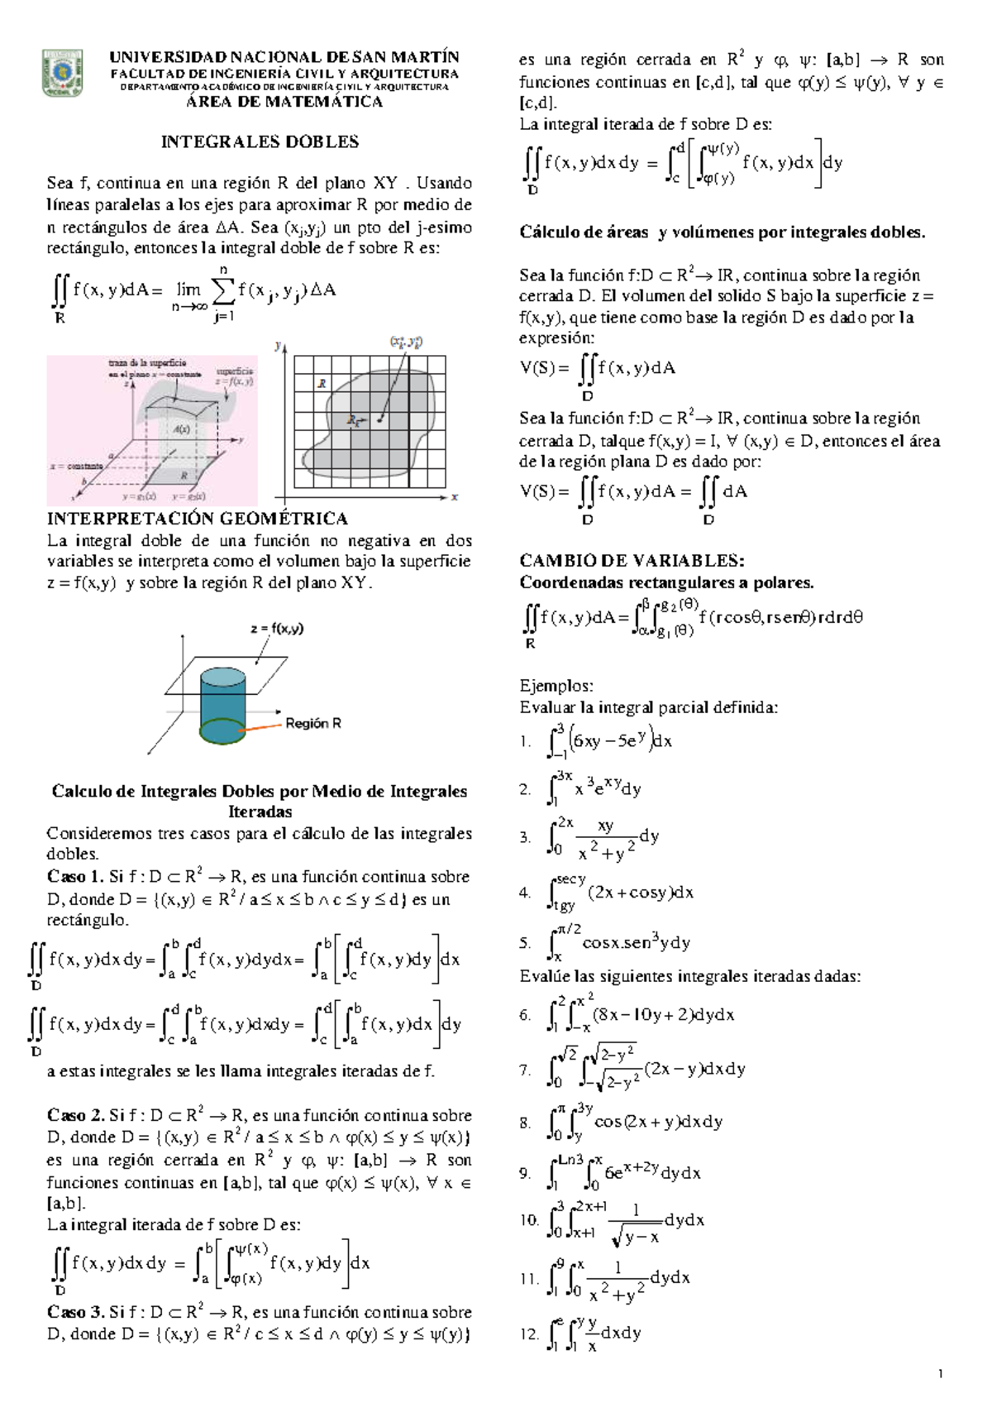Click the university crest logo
coord(62,74)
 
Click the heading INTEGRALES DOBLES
coord(260,141)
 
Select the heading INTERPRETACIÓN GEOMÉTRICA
coord(197,519)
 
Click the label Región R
coord(313,723)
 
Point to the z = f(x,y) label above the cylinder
coord(277,628)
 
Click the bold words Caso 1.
coord(75,877)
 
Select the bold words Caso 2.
coord(75,1115)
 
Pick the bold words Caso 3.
coord(75,1312)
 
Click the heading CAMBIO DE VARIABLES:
coord(632,560)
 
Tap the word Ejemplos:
coord(556,685)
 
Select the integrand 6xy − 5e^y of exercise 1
coord(609,740)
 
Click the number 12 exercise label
coord(528,1334)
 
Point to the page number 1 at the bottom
coord(941,1375)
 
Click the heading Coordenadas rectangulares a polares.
coord(666,582)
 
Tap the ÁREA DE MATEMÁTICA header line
coord(284,102)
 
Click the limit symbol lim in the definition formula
coord(189,290)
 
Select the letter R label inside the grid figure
coord(322,384)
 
